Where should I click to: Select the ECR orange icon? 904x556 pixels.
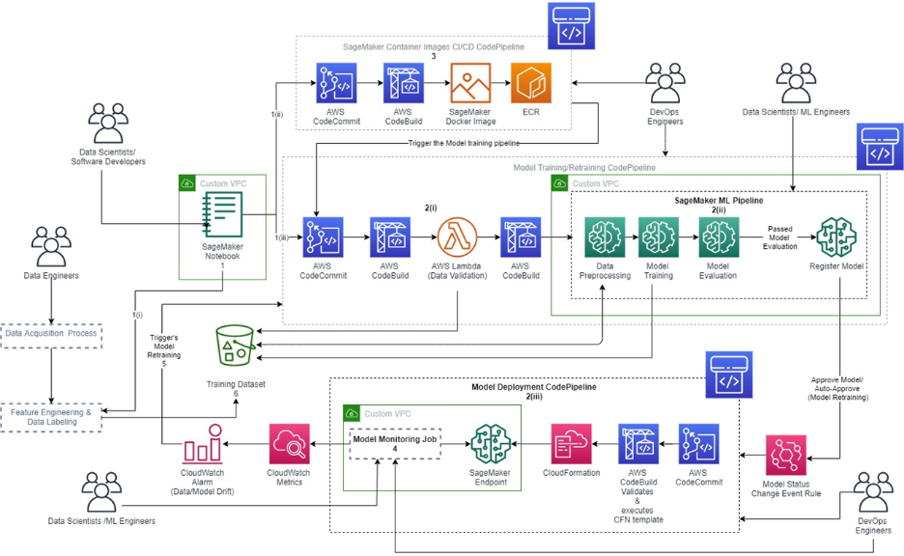point(531,84)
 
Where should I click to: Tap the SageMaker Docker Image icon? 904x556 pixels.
point(470,84)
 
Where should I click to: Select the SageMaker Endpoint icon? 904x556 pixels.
point(490,445)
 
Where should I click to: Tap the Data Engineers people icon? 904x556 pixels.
point(51,247)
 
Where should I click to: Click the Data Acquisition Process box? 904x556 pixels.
point(51,334)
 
